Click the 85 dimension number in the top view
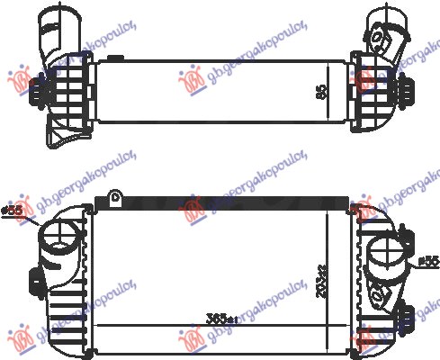[x=321, y=92]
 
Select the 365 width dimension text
[x=220, y=319]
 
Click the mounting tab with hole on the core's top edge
[x=114, y=198]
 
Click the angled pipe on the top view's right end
[x=380, y=27]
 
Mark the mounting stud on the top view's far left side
[x=35, y=91]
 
